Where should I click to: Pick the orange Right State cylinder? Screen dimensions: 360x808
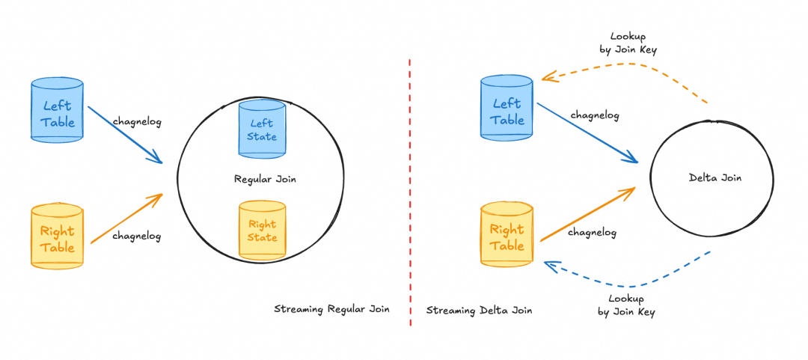262,230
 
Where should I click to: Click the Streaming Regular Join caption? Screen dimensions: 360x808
331,308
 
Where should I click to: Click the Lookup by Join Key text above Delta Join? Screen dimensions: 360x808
626,43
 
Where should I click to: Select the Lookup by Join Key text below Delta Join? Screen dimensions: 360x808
626,305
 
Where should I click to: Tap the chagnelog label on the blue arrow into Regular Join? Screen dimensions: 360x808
136,120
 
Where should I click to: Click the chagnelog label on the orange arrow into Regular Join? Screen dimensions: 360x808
136,236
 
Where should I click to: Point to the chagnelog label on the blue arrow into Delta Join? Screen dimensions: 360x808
595,115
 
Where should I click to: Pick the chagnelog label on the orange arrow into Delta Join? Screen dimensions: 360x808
592,233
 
